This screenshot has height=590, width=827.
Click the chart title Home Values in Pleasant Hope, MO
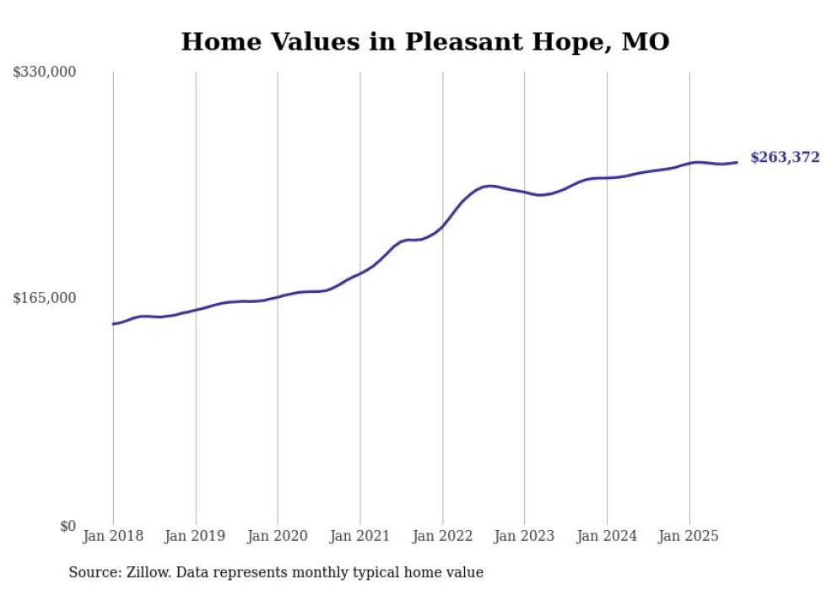tap(424, 41)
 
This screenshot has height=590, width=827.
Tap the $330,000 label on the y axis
tap(45, 73)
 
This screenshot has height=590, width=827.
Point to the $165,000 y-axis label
tap(45, 298)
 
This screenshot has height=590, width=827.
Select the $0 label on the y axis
tap(68, 526)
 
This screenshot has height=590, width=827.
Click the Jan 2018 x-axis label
tap(113, 536)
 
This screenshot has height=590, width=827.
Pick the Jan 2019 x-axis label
tap(195, 536)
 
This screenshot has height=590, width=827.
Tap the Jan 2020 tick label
tap(278, 536)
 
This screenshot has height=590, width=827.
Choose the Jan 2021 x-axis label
tap(360, 536)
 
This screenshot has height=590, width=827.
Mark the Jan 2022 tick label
tap(442, 536)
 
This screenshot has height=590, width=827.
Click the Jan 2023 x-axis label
tap(524, 536)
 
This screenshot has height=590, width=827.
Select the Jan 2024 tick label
tap(607, 536)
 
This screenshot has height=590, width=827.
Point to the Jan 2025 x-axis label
tap(689, 536)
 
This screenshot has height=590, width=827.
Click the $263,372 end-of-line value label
tap(785, 158)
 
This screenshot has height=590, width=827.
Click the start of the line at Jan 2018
tap(114, 323)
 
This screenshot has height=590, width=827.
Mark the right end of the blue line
tap(737, 162)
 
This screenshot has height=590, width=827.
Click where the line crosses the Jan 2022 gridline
tap(442, 225)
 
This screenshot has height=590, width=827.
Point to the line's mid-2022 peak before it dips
tap(490, 186)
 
